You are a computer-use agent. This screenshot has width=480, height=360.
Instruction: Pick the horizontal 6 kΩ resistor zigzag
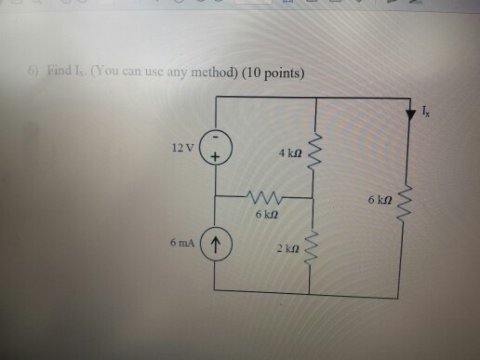(262, 197)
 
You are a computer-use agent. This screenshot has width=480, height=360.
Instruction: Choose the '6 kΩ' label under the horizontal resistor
(264, 214)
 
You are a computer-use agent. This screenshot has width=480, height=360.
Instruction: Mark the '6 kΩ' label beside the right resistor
(380, 199)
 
